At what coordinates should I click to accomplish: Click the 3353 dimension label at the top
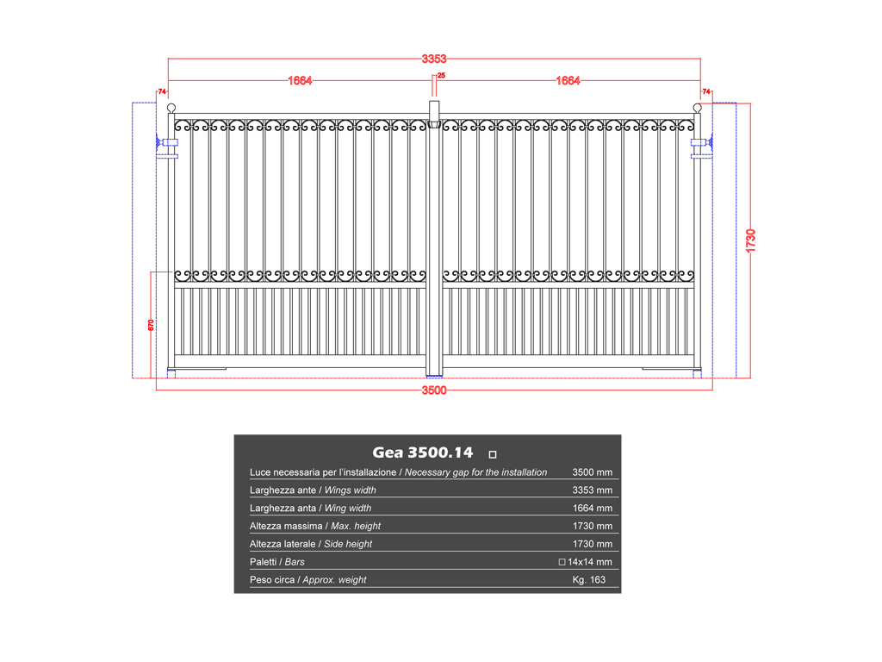434,59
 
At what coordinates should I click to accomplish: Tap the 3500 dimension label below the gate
434,390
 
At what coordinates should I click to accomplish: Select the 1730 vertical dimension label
750,241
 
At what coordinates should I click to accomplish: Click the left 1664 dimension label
300,80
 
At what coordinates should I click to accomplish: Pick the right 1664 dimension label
568,80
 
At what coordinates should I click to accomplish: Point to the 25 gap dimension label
442,76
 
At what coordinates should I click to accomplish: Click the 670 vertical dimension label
151,325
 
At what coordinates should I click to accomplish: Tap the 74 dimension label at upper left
162,91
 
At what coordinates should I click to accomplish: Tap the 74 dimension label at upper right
706,91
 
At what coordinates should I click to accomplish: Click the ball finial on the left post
171,108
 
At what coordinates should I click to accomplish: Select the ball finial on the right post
697,108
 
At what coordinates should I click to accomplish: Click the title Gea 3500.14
422,453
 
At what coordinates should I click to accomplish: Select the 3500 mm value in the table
593,472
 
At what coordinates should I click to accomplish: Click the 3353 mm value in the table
593,490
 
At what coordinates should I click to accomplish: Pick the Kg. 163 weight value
589,580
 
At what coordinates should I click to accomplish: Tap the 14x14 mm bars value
586,562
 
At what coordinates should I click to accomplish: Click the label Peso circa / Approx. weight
307,580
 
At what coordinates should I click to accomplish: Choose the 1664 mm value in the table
593,509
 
